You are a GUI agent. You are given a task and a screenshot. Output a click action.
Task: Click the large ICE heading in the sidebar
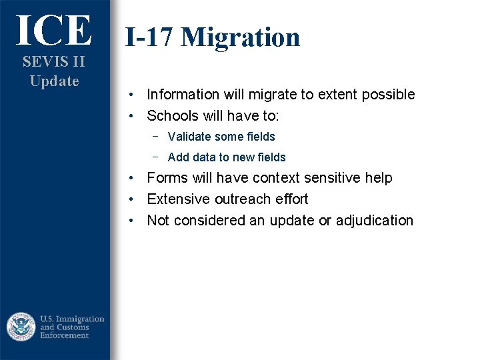point(54,30)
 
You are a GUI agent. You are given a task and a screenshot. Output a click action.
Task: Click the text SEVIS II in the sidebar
point(54,62)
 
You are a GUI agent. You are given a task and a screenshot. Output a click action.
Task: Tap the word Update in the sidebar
point(54,81)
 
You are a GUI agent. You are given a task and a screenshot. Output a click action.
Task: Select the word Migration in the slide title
point(241,37)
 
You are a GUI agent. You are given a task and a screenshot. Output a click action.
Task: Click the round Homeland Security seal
point(21,327)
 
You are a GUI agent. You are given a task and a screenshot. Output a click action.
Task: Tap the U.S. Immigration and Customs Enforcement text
point(72,327)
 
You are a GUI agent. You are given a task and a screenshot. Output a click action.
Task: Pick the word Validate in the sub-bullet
point(189,137)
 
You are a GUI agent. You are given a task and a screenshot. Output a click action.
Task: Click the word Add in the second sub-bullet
point(179,157)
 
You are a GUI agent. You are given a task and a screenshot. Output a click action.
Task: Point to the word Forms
point(166,178)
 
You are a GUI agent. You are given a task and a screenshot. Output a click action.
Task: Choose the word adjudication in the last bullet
point(375,221)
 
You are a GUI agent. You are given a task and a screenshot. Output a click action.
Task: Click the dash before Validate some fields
point(155,136)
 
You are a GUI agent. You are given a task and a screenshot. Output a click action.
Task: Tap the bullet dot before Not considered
point(133,221)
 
